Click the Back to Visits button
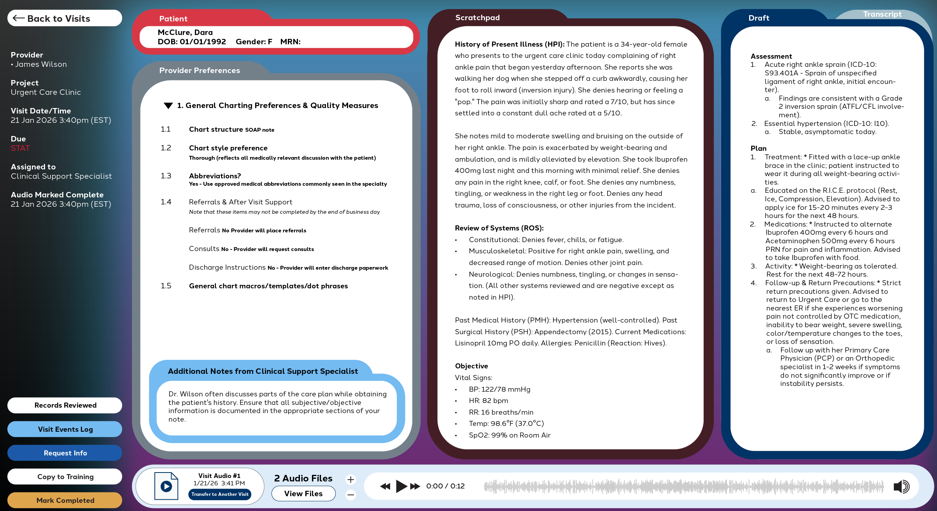tap(64, 18)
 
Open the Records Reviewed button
tap(65, 405)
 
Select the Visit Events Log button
tap(65, 429)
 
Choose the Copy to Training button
tap(65, 477)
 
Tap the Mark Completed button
tap(65, 501)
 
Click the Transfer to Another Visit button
tap(220, 494)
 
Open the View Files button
tap(303, 494)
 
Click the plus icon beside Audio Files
tap(350, 480)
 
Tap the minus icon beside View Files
tap(350, 495)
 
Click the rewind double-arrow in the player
tap(385, 486)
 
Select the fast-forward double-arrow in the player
tap(415, 486)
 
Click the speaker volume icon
tap(901, 486)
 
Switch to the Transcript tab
tap(882, 14)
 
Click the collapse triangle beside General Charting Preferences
tap(168, 106)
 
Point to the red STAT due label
tap(20, 148)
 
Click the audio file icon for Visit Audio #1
tap(166, 486)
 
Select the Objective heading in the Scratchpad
tap(471, 366)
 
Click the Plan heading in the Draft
tap(758, 148)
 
